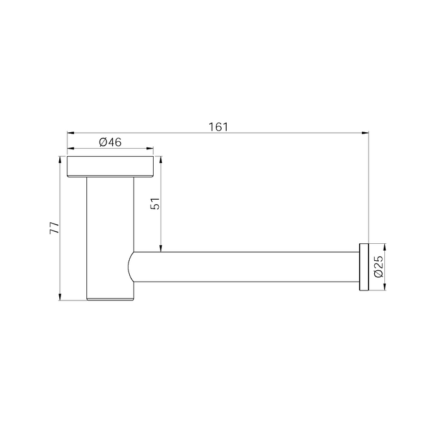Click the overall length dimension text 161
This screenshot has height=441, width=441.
217,126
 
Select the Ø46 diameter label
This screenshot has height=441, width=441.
110,143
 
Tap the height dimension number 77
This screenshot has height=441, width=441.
55,227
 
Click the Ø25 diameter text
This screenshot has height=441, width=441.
377,266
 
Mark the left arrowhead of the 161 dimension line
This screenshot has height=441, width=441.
70,133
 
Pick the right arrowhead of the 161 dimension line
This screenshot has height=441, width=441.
365,133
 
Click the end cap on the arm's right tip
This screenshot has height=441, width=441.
364,266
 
